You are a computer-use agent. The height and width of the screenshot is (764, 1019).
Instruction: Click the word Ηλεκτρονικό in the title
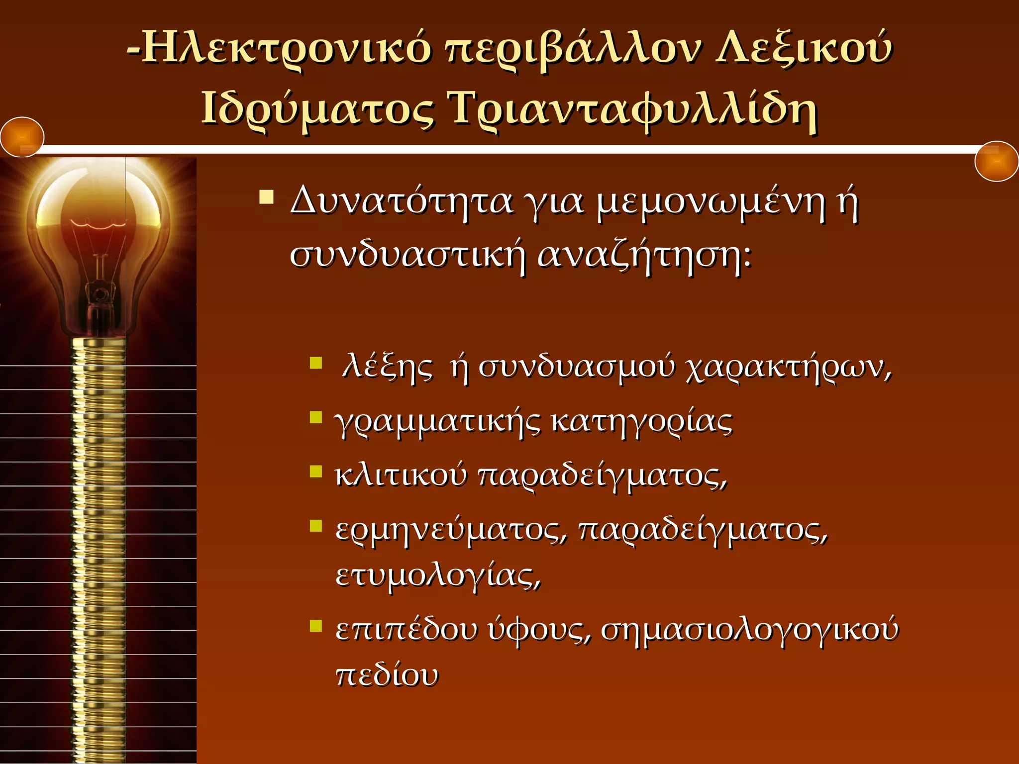(x=286, y=50)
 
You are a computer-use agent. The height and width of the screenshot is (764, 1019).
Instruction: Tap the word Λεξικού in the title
(x=804, y=50)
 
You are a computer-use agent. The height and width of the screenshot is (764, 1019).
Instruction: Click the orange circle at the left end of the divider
(x=22, y=137)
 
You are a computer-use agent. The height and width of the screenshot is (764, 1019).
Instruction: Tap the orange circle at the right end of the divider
(x=996, y=162)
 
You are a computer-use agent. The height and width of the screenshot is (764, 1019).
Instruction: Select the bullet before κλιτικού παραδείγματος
(x=316, y=471)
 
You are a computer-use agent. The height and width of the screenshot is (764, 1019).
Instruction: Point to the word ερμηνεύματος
(x=451, y=530)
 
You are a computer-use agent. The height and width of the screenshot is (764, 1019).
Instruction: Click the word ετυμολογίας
(x=438, y=576)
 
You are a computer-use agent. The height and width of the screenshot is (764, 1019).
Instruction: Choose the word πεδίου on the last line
(x=387, y=675)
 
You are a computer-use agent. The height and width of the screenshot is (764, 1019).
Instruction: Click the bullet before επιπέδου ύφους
(x=316, y=625)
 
